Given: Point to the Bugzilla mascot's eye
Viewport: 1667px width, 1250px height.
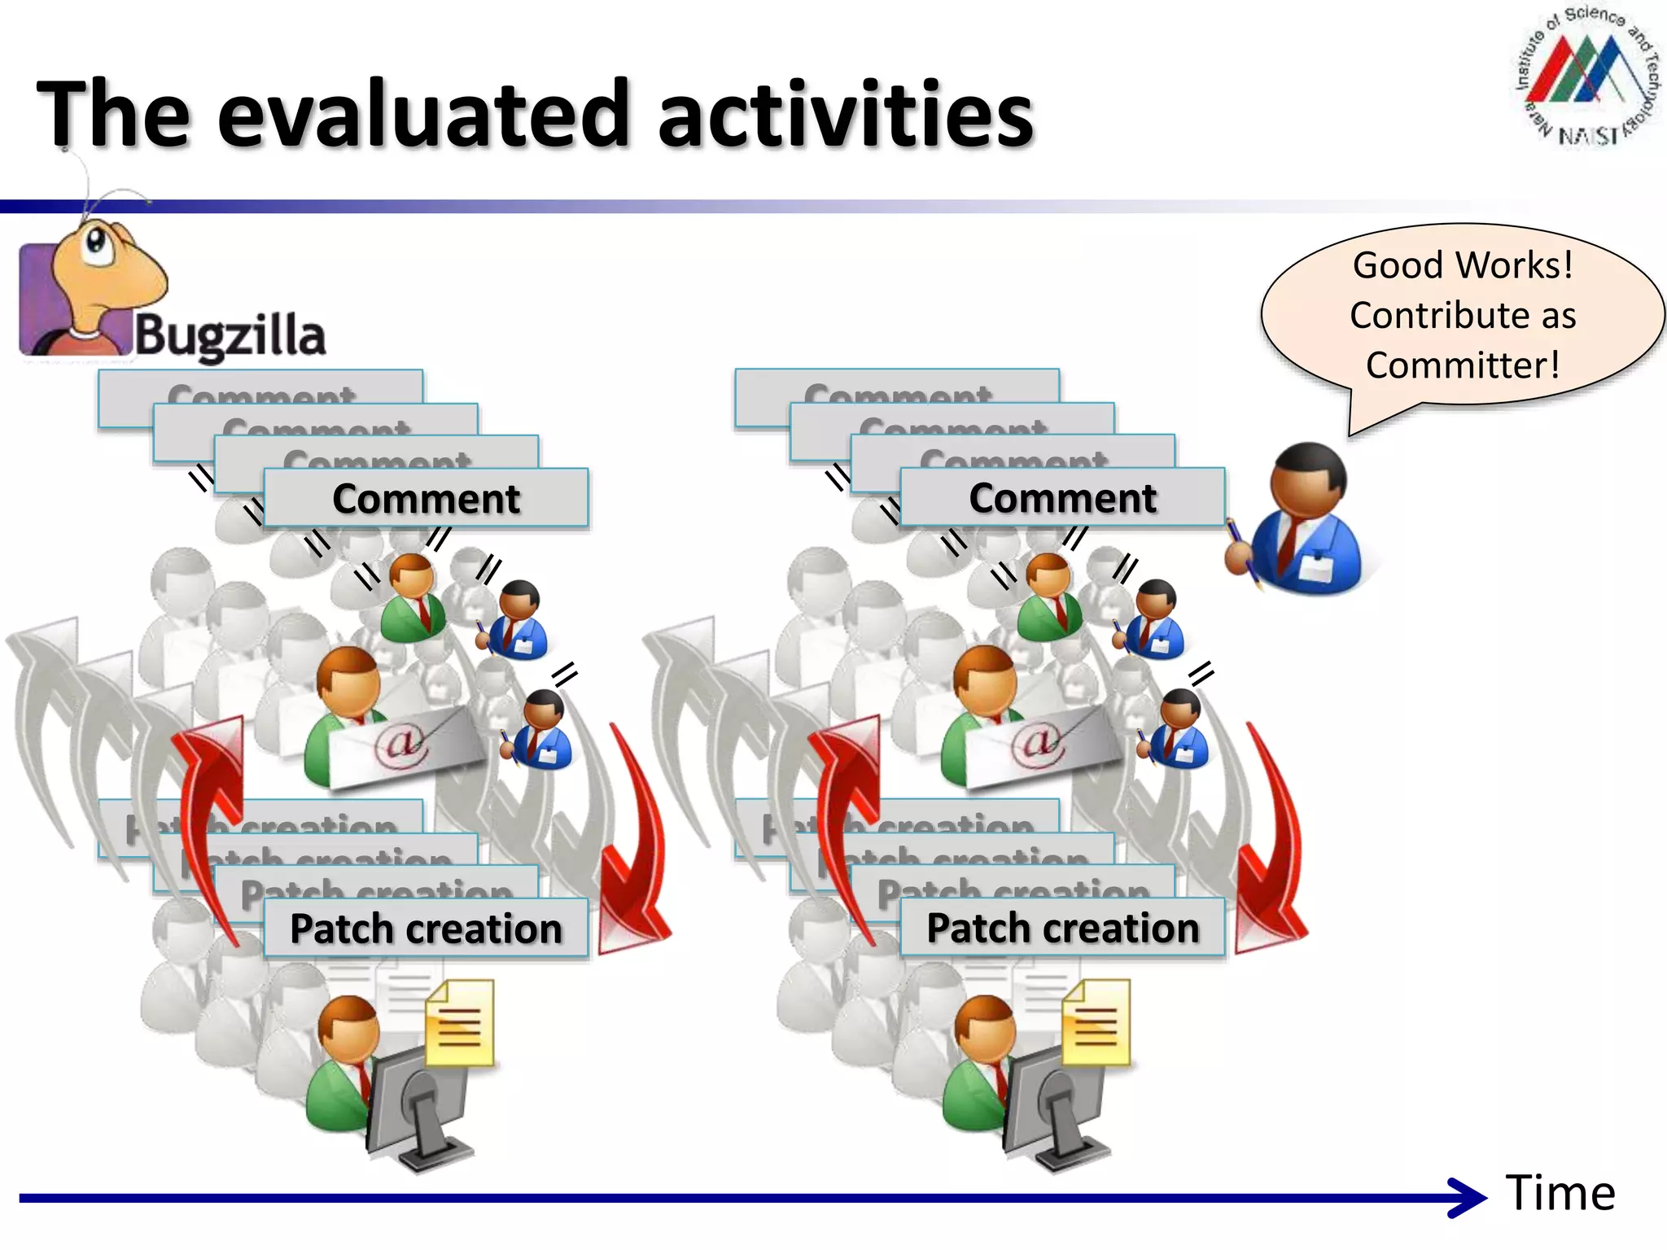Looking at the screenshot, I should (x=96, y=240).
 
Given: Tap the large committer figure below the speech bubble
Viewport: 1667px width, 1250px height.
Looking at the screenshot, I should (x=1302, y=521).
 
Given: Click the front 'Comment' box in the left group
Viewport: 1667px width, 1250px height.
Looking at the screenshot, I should (x=426, y=499).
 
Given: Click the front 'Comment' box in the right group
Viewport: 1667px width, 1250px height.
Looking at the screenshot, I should (x=1062, y=498).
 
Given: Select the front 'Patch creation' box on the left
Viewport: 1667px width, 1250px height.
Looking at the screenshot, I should (x=426, y=929).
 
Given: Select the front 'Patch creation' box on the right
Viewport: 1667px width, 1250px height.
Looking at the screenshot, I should (x=1062, y=928).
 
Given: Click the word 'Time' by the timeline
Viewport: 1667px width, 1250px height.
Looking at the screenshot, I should (x=1560, y=1193).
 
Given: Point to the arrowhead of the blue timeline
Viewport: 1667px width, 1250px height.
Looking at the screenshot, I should (x=1469, y=1198).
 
